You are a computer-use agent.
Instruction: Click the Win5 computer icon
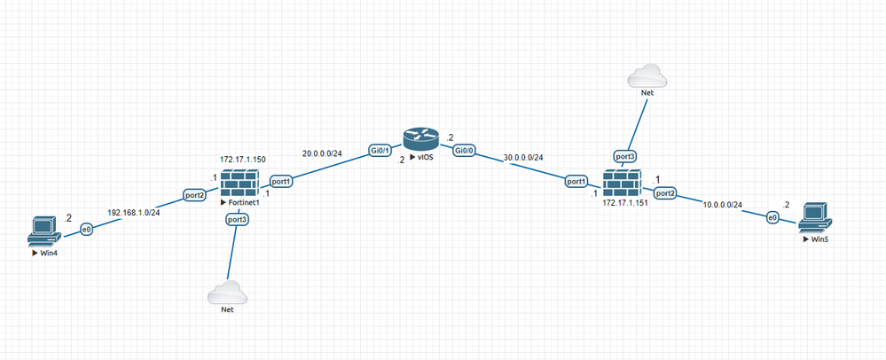(x=813, y=216)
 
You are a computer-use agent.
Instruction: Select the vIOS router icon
(x=419, y=140)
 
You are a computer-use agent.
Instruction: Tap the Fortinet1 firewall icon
(x=237, y=184)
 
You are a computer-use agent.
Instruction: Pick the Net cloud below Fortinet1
(x=226, y=293)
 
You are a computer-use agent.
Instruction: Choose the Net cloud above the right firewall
(x=647, y=76)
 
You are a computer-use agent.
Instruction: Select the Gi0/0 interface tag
(x=463, y=152)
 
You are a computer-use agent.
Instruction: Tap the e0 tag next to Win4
(x=87, y=230)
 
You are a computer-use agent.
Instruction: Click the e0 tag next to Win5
(x=772, y=216)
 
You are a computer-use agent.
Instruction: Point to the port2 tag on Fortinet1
(x=195, y=194)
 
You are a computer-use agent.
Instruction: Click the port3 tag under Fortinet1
(x=237, y=219)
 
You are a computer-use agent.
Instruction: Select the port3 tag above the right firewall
(x=625, y=157)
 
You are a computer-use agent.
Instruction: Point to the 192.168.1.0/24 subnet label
(x=132, y=213)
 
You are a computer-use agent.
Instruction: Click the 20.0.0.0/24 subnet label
(x=321, y=153)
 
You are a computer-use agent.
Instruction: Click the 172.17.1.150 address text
(x=244, y=160)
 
